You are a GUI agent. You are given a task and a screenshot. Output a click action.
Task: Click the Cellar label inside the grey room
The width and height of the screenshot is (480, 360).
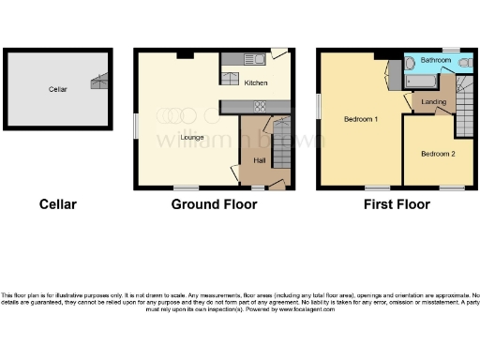tap(58, 89)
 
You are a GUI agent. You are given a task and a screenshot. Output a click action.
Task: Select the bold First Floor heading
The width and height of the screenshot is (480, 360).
tap(397, 204)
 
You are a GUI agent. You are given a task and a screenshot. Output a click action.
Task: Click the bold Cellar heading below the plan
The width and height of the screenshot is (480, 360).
tap(57, 204)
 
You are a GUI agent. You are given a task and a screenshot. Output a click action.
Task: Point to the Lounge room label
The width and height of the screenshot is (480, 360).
tap(192, 139)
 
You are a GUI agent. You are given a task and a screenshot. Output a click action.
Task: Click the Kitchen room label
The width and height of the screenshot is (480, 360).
tap(256, 83)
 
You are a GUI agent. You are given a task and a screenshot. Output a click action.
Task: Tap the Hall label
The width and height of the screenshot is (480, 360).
tap(260, 160)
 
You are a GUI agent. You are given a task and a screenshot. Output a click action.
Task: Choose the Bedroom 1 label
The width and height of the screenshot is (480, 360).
tap(360, 119)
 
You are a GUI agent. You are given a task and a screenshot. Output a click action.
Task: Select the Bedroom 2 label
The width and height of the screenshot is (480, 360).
tap(437, 153)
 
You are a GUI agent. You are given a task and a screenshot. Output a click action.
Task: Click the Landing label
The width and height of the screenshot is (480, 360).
tap(433, 100)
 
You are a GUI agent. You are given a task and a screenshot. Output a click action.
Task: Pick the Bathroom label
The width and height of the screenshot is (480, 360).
tap(435, 61)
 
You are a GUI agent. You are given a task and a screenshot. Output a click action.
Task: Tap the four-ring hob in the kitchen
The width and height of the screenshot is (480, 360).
tap(259, 106)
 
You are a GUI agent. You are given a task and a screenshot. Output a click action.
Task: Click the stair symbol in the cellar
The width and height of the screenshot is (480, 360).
tap(98, 82)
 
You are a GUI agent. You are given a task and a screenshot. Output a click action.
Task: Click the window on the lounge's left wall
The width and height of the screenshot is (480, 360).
tap(136, 124)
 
